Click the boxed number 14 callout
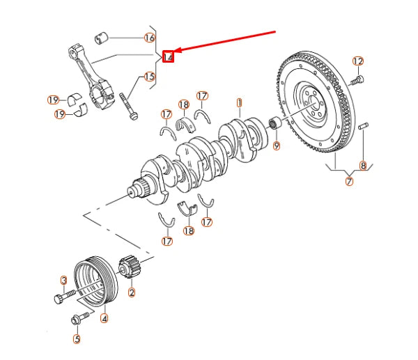pos(168,56)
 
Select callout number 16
pos(150,38)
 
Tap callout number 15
pos(149,77)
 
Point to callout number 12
pos(358,61)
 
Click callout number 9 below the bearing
pos(277,146)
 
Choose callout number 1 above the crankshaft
pos(239,103)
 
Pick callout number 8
pos(363,166)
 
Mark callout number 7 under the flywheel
pos(349,182)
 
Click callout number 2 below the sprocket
pos(132,292)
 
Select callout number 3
pos(63,281)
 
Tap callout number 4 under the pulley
pos(104,318)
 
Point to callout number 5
pos(77,339)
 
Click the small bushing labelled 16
pos(101,38)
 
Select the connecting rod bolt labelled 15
pos(128,107)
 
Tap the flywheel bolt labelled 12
pos(357,80)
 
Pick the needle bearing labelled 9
pos(274,123)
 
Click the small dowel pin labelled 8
pos(364,126)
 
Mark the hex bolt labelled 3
pos(65,297)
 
